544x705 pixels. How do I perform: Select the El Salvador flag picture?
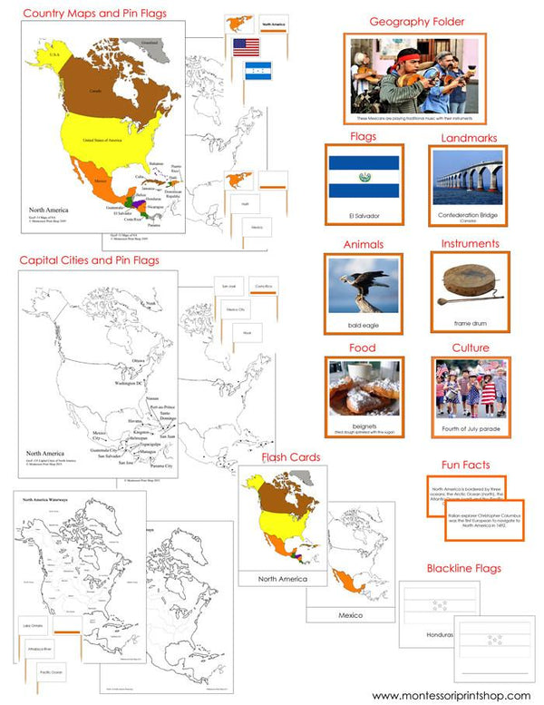(364, 178)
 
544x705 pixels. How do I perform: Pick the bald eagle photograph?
(363, 285)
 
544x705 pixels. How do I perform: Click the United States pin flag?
(245, 47)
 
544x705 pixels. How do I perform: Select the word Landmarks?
(469, 137)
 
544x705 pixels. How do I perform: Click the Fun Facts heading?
(464, 464)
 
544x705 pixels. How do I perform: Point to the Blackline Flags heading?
(462, 568)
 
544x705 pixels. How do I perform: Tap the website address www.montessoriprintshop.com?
(451, 695)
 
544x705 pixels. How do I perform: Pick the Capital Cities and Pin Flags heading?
(89, 260)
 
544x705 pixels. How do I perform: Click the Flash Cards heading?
(290, 457)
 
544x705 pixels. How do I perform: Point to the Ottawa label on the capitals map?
(139, 360)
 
